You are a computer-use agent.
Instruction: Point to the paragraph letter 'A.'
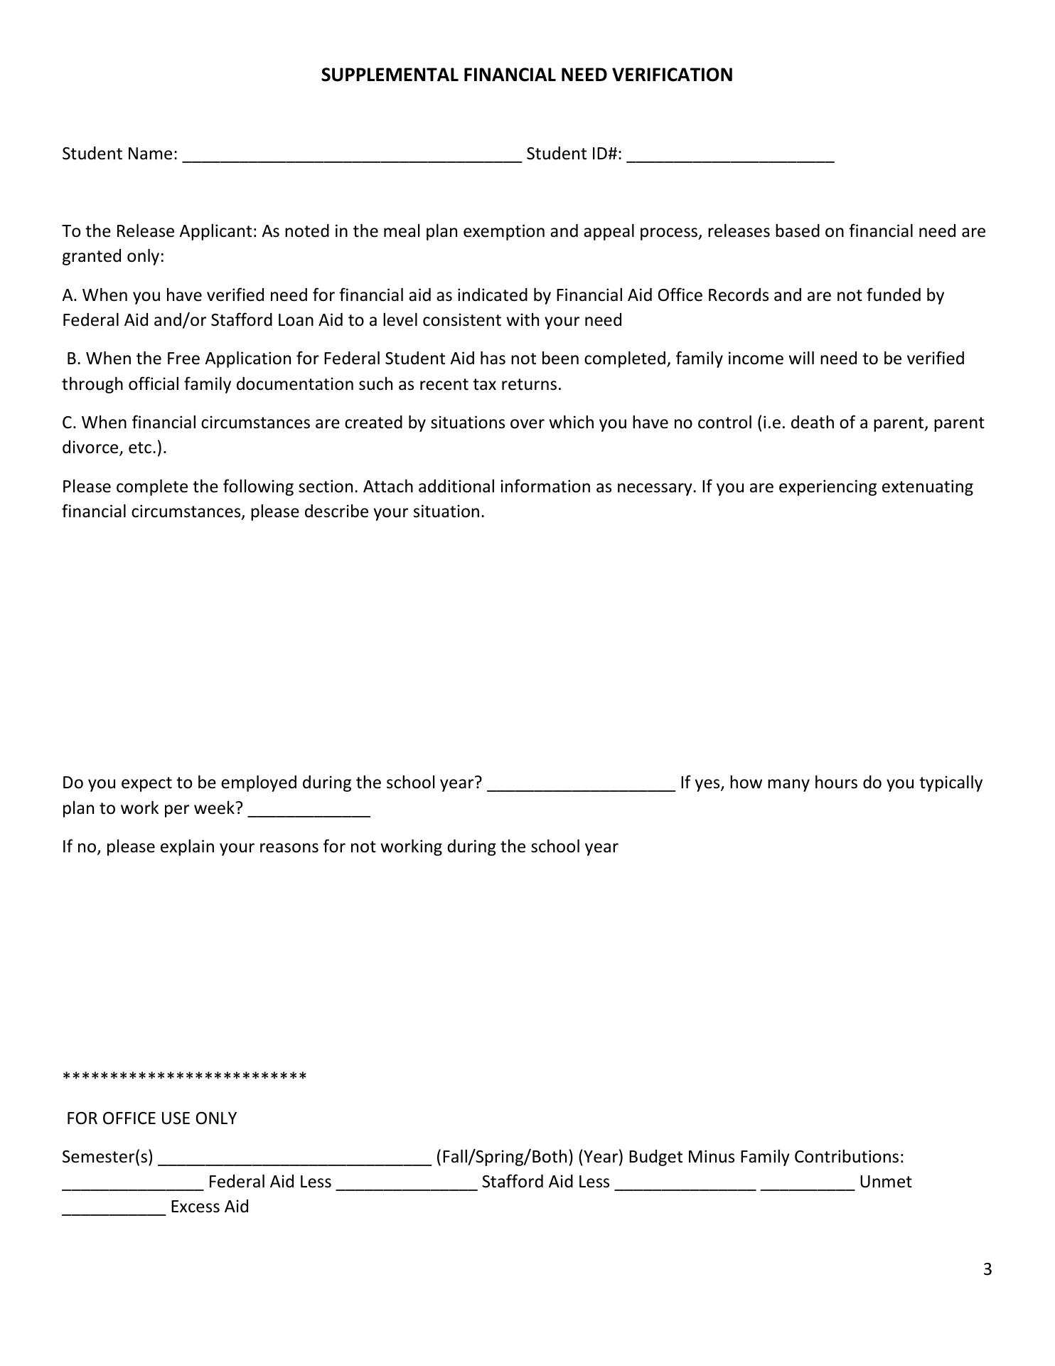tap(70, 295)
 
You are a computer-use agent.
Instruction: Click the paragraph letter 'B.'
tap(73, 359)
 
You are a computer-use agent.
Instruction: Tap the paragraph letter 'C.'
tap(69, 423)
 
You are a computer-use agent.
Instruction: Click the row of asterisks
tap(185, 1076)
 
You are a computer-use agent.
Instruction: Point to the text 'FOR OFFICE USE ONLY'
tap(151, 1118)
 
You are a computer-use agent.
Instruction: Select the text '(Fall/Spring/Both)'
tap(504, 1157)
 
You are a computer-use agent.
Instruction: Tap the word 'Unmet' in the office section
tap(885, 1182)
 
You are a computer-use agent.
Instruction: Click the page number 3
tap(987, 1269)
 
